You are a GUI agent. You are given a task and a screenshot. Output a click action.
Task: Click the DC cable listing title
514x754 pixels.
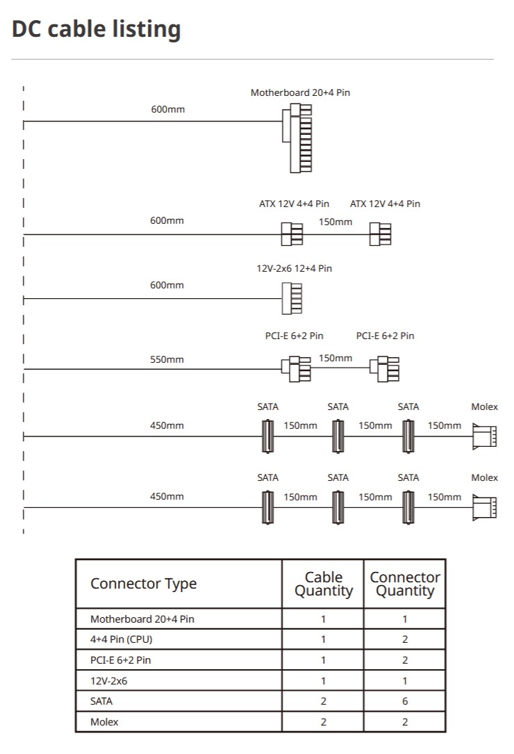tap(96, 29)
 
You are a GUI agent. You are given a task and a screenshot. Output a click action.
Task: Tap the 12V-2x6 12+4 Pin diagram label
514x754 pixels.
tap(295, 268)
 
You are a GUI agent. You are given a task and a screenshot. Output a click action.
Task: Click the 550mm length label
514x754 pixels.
tap(167, 359)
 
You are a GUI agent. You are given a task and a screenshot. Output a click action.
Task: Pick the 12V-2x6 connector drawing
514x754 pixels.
tap(292, 299)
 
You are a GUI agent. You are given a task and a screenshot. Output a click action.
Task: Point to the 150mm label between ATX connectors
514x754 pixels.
tap(335, 222)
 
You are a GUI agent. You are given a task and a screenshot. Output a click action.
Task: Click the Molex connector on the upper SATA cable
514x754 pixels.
tap(485, 436)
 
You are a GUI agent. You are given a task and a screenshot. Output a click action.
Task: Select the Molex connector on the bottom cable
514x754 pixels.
tap(485, 507)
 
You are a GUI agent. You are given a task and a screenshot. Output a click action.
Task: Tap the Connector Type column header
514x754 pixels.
tap(143, 583)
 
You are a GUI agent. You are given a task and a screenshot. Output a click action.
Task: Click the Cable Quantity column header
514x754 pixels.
tap(324, 584)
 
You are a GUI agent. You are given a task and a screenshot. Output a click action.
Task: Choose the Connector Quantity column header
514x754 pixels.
tap(405, 584)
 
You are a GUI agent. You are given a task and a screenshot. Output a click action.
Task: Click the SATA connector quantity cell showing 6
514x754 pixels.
tap(405, 701)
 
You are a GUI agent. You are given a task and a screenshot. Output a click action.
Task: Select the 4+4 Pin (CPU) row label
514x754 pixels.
tap(121, 639)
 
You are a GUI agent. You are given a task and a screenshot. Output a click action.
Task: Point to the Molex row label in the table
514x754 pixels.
tap(104, 722)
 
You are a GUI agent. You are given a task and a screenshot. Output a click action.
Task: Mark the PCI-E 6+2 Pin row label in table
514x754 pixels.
tap(121, 659)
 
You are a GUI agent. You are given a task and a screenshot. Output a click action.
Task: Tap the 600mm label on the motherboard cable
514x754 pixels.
tap(168, 109)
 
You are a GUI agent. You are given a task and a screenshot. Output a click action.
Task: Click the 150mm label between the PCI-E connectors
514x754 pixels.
tap(335, 359)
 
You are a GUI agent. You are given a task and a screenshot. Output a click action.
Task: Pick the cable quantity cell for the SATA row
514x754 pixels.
tap(324, 701)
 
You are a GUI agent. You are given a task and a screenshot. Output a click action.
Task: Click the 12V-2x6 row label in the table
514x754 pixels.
tap(108, 681)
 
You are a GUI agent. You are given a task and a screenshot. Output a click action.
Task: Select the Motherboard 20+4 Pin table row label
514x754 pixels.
tap(142, 619)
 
